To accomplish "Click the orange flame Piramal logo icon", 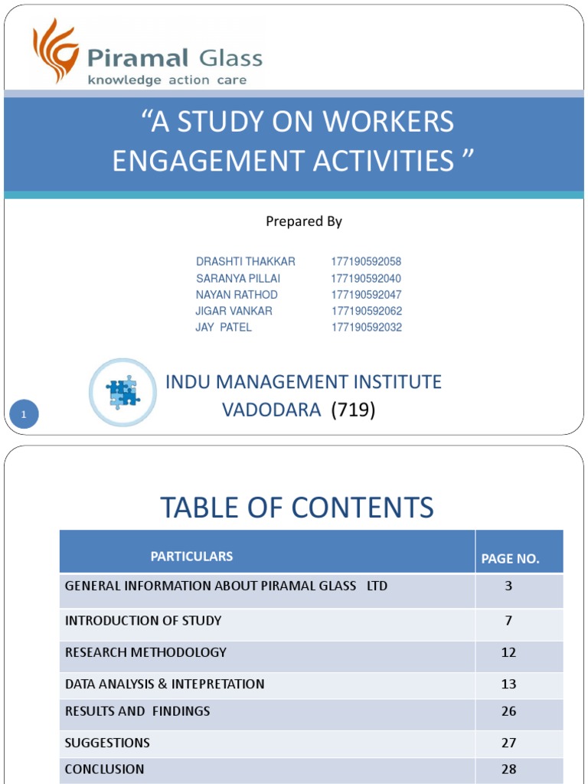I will point(55,51).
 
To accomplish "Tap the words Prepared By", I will point(304,221).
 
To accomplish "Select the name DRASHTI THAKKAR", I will point(246,262).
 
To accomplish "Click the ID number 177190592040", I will point(366,279).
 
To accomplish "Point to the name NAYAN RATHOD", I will point(237,295).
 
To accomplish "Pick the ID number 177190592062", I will point(367,311).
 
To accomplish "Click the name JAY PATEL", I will point(224,328).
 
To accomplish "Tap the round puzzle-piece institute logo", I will point(122,392).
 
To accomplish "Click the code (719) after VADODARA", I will point(353,410).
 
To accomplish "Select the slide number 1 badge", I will point(24,415).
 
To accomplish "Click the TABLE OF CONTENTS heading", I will point(296,507).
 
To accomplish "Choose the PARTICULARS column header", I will point(191,557).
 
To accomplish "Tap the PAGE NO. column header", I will point(510,559).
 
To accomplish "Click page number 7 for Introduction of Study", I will point(508,620).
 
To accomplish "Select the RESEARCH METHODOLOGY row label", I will point(145,652).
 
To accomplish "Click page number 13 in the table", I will point(508,684).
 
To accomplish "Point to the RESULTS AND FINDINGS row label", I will point(137,711).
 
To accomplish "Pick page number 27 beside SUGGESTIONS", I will point(508,743).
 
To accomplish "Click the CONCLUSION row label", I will point(104,769).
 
